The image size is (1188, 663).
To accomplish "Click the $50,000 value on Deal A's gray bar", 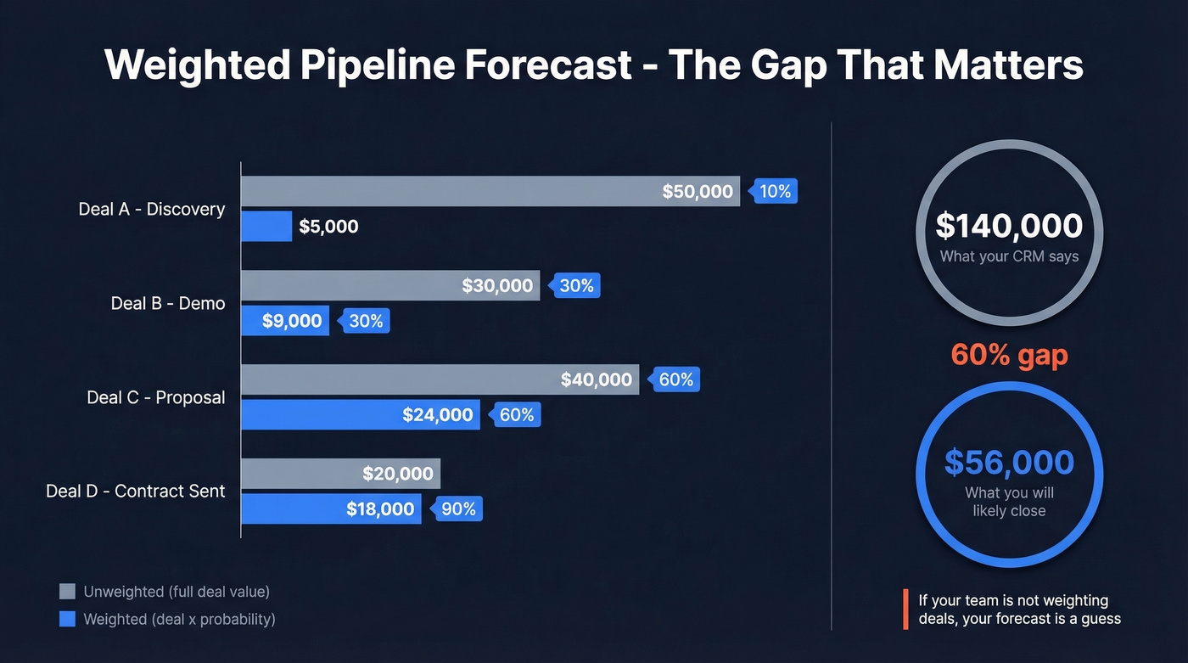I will point(697,192).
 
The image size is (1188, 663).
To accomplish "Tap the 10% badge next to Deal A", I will point(774,192).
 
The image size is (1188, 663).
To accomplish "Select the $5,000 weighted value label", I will point(328,227).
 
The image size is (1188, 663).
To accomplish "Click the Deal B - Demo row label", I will point(168,303).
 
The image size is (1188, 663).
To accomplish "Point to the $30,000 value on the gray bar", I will point(497,286).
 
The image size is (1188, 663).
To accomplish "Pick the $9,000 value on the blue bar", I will point(292,321).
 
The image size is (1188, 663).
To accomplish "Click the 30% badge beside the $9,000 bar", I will point(366,321).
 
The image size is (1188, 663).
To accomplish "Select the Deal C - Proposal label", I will point(155,397).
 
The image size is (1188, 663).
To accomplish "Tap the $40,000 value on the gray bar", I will point(597,380).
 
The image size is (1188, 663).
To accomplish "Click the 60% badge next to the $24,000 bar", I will point(516,415).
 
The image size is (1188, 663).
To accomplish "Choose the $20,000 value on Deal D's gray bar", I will point(398,475).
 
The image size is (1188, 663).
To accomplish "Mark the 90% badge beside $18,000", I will point(458,509).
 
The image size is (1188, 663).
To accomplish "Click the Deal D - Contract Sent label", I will point(136,492).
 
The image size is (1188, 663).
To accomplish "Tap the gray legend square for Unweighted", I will point(67,592).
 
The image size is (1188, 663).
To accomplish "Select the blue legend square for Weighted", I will point(67,620).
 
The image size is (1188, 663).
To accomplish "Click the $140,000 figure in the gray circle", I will point(1009,226).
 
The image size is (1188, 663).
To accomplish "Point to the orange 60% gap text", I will point(1009,354).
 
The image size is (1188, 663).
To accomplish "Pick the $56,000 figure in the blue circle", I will point(1009,463).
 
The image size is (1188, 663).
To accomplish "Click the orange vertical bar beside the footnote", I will point(905,610).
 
